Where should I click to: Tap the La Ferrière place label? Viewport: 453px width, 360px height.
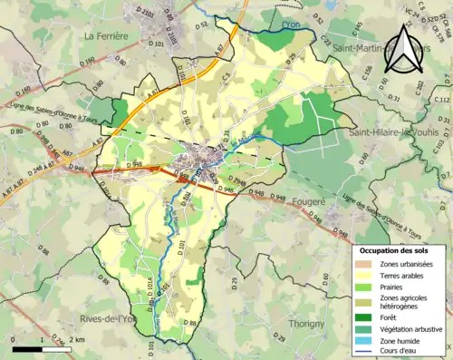point(105,35)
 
